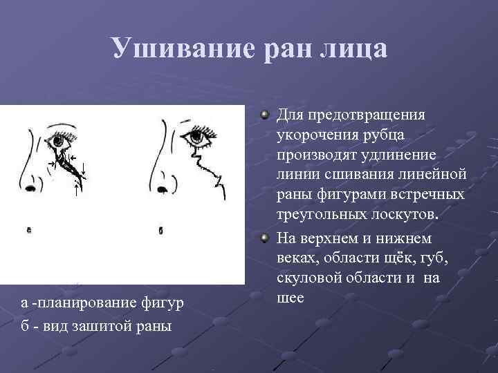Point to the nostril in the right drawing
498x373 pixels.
point(163,189)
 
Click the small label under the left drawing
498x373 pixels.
point(29,230)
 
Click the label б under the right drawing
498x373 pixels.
point(160,230)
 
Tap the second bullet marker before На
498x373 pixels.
point(266,239)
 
